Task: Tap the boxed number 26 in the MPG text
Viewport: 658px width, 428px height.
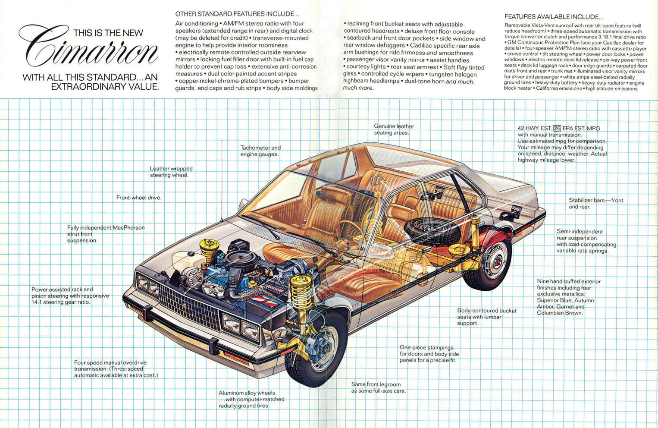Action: [557, 128]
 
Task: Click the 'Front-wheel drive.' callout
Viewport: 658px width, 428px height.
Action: [139, 198]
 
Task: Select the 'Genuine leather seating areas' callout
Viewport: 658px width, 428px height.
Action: [394, 129]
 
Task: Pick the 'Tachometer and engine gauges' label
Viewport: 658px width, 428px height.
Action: [260, 151]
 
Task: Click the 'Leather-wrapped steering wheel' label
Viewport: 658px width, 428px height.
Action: [171, 172]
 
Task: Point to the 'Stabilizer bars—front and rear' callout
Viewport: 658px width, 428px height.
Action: [595, 203]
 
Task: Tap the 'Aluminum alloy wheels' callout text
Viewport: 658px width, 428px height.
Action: [251, 399]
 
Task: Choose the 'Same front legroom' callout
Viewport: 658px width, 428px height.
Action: [378, 387]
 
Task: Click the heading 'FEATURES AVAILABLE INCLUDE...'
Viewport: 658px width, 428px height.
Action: [554, 17]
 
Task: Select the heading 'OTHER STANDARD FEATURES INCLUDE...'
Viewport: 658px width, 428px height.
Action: [237, 14]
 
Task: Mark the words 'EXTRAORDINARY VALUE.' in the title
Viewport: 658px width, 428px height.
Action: [105, 87]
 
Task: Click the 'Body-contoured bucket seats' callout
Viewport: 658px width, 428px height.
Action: [486, 317]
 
